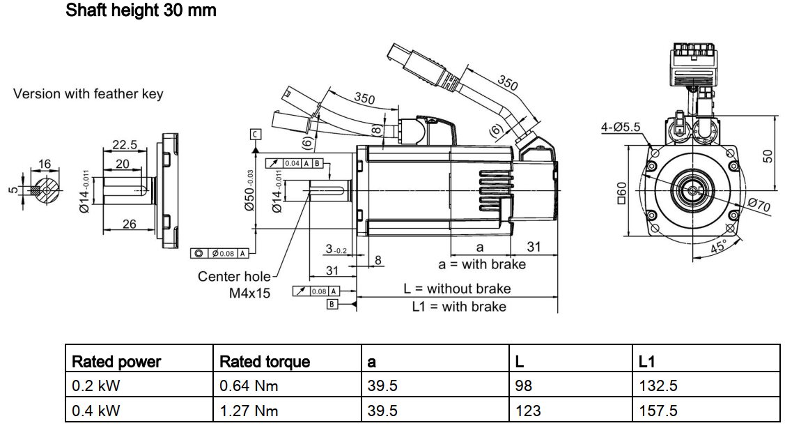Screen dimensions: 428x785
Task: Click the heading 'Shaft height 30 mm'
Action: [141, 10]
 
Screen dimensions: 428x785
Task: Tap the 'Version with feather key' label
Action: [88, 94]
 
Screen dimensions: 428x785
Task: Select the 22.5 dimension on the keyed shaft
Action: [125, 145]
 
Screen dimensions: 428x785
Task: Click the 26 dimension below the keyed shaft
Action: [129, 224]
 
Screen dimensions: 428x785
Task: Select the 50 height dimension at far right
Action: [768, 155]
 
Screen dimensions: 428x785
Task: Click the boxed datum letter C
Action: [256, 134]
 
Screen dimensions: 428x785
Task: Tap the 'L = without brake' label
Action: [457, 289]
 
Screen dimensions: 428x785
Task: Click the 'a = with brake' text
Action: [482, 264]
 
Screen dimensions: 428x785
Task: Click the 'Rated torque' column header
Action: [265, 362]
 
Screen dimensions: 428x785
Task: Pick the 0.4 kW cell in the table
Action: [91, 411]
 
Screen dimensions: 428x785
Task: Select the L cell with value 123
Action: [528, 411]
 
